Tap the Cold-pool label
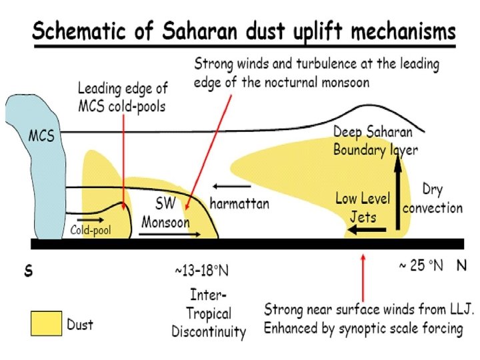click(91, 231)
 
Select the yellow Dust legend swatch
click(46, 324)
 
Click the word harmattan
click(239, 204)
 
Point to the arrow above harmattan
click(227, 186)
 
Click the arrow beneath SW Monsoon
click(170, 235)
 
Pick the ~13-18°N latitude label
click(201, 271)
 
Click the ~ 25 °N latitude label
click(421, 265)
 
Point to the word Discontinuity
click(209, 331)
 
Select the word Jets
click(363, 216)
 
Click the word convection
click(432, 207)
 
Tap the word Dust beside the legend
click(80, 325)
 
